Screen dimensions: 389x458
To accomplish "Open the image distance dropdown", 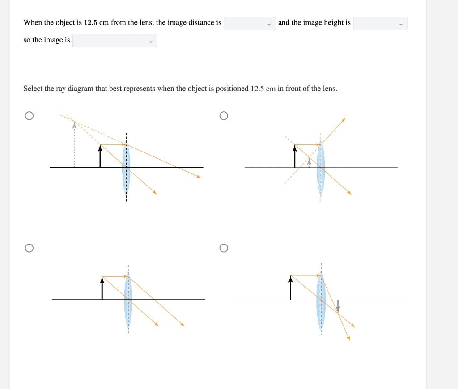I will click(x=250, y=23).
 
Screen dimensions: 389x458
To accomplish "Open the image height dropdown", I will click(x=380, y=23).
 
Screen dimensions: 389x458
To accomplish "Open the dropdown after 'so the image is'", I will click(x=114, y=41).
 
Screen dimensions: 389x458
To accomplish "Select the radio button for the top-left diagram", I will click(x=29, y=116).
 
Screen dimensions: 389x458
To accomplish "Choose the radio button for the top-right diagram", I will click(x=224, y=116).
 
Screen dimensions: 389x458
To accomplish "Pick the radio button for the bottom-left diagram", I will click(x=29, y=248).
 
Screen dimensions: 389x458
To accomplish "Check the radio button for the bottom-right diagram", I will click(x=224, y=248).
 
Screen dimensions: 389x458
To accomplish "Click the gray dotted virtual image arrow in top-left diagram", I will click(x=74, y=145).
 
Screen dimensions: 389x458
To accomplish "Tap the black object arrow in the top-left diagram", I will click(x=100, y=156).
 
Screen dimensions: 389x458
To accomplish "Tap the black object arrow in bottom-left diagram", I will click(x=102, y=288).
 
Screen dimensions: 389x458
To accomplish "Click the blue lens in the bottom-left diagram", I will click(x=128, y=299).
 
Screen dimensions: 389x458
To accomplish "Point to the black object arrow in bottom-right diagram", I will click(x=291, y=288).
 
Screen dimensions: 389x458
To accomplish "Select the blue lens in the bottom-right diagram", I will click(x=321, y=299).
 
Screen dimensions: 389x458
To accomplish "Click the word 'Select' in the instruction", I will click(x=33, y=89).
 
